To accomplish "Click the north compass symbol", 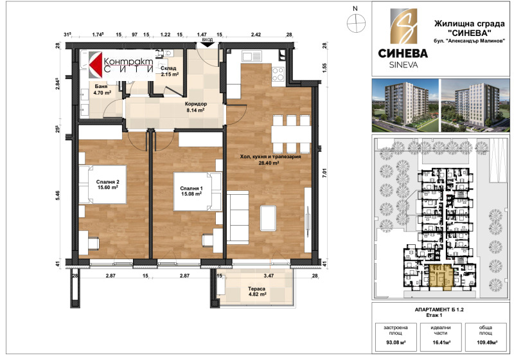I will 354,21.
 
